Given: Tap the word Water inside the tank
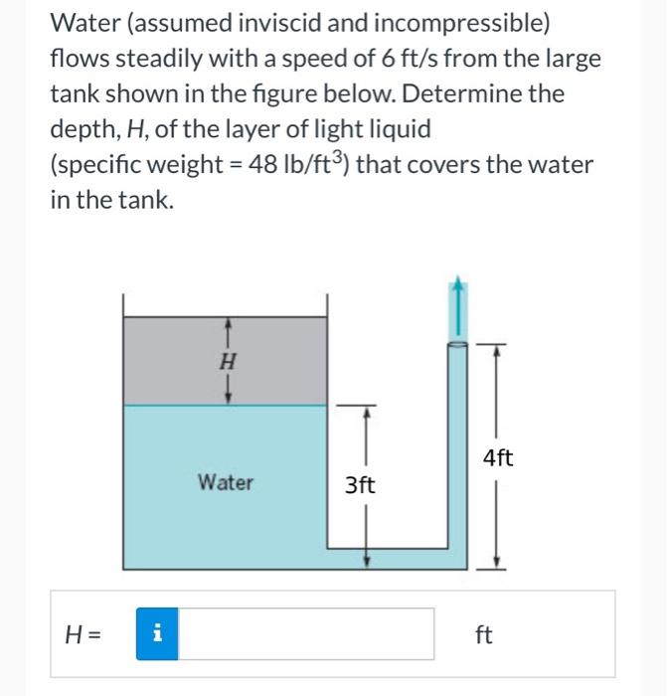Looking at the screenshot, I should point(226,483).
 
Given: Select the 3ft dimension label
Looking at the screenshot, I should point(360,485).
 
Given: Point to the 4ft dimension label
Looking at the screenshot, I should point(497,457).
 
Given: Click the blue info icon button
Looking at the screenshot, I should point(155,633).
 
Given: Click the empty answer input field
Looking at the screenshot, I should point(306,633).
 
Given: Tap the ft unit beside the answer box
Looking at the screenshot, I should point(483,634).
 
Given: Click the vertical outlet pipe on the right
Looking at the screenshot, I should point(456,447).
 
